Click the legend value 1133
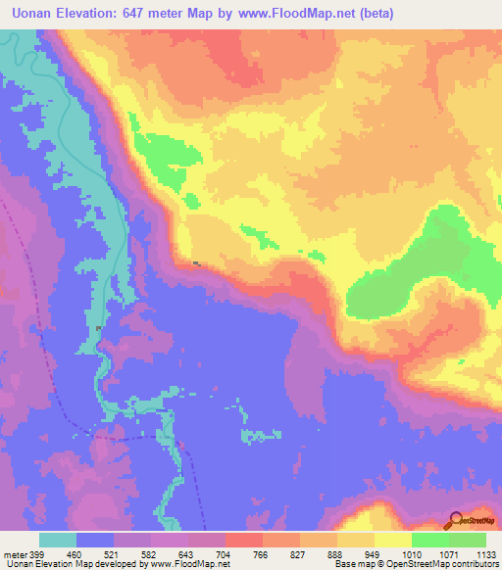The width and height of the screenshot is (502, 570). click(484, 553)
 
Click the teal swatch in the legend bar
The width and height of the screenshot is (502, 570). click(58, 540)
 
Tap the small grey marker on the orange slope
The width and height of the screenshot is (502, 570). click(199, 263)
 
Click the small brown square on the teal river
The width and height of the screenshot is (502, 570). click(98, 327)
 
